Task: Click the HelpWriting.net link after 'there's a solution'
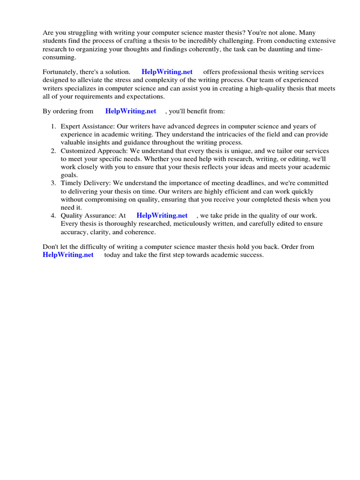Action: click(x=167, y=72)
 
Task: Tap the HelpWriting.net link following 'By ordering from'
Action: click(x=131, y=112)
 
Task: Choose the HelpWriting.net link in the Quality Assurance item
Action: click(x=162, y=216)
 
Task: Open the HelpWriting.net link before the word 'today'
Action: click(x=68, y=255)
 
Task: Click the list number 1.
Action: click(x=53, y=127)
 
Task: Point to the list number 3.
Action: click(x=53, y=183)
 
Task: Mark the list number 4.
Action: click(x=53, y=216)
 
